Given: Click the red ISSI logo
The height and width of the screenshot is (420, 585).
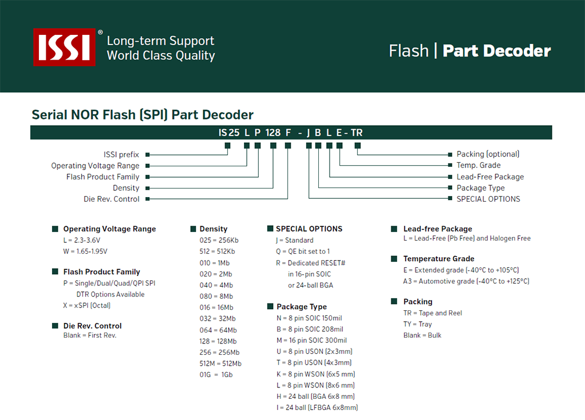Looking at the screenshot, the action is pyautogui.click(x=64, y=47).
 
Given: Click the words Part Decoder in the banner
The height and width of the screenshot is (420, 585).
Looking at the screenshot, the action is pyautogui.click(x=496, y=51).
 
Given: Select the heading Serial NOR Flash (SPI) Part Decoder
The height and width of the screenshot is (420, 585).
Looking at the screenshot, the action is pyautogui.click(x=142, y=115).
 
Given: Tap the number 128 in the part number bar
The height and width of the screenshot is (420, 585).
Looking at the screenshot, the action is pyautogui.click(x=273, y=133).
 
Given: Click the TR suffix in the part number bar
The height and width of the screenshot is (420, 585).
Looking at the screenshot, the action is pyautogui.click(x=356, y=133).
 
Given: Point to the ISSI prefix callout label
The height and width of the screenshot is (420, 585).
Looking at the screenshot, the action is pyautogui.click(x=121, y=154).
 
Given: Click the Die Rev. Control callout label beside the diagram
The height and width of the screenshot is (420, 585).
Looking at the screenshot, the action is pyautogui.click(x=111, y=199).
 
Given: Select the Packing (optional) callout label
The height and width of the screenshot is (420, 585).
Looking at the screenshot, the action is pyautogui.click(x=488, y=154).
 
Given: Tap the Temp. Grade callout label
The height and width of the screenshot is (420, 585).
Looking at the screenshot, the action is pyautogui.click(x=479, y=165).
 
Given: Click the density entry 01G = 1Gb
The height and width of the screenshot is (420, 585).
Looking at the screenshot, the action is pyautogui.click(x=215, y=374).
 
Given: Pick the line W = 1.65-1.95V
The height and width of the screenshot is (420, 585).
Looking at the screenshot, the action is pyautogui.click(x=85, y=251).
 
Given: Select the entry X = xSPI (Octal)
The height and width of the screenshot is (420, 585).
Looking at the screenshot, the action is pyautogui.click(x=87, y=305).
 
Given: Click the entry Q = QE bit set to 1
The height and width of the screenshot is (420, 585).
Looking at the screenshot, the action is pyautogui.click(x=303, y=251).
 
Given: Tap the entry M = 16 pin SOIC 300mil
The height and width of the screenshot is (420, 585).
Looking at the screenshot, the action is pyautogui.click(x=311, y=341).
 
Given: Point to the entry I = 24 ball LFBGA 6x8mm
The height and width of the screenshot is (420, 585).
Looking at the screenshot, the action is pyautogui.click(x=317, y=407).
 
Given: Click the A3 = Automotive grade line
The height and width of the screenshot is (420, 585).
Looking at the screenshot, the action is pyautogui.click(x=466, y=281).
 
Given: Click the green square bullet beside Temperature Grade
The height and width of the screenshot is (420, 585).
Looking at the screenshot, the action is pyautogui.click(x=394, y=259).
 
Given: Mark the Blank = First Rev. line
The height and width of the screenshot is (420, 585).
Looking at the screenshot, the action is pyautogui.click(x=90, y=335).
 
